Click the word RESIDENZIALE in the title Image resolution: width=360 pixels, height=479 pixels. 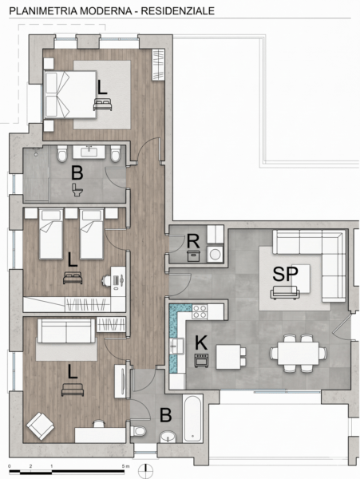[178, 11]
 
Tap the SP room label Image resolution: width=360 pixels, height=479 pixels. [285, 274]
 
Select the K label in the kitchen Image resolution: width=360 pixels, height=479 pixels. [201, 342]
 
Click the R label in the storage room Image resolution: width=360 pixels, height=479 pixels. [193, 241]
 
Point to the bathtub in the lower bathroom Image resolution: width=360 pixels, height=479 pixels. [192, 418]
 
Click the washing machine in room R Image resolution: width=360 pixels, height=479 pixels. [216, 254]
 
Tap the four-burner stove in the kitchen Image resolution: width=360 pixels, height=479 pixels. [200, 311]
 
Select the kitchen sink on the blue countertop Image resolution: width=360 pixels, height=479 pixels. [176, 346]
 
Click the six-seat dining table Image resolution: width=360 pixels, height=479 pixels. [299, 353]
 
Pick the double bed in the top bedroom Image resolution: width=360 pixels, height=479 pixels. [70, 94]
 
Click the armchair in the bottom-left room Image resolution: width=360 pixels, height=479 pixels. [40, 426]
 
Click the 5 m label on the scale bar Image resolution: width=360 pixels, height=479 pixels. [125, 466]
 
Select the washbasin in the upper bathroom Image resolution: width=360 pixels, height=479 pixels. [89, 152]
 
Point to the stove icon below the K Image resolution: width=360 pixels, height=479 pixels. [201, 360]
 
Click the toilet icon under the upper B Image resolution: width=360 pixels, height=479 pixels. [77, 190]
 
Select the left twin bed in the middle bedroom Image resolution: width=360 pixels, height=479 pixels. [51, 234]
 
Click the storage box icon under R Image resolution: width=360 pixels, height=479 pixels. [194, 255]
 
